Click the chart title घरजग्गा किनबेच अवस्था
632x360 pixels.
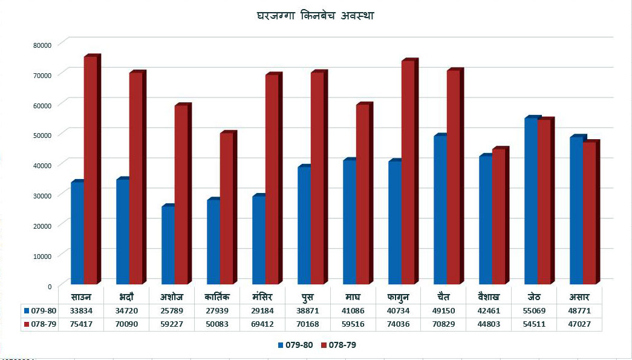point(316,16)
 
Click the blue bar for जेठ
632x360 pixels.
point(533,200)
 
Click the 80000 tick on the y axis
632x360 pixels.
point(44,45)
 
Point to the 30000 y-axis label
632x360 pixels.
point(44,195)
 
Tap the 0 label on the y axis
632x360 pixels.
point(50,287)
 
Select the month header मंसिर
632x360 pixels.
point(262,298)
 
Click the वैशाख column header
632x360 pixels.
point(487,298)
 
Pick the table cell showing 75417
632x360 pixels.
point(81,324)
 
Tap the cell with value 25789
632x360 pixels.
point(171,311)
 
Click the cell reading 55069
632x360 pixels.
point(534,311)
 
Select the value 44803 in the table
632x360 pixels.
point(489,324)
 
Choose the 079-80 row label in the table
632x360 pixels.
point(40,311)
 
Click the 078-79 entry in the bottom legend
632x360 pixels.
point(339,345)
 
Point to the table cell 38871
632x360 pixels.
point(307,311)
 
